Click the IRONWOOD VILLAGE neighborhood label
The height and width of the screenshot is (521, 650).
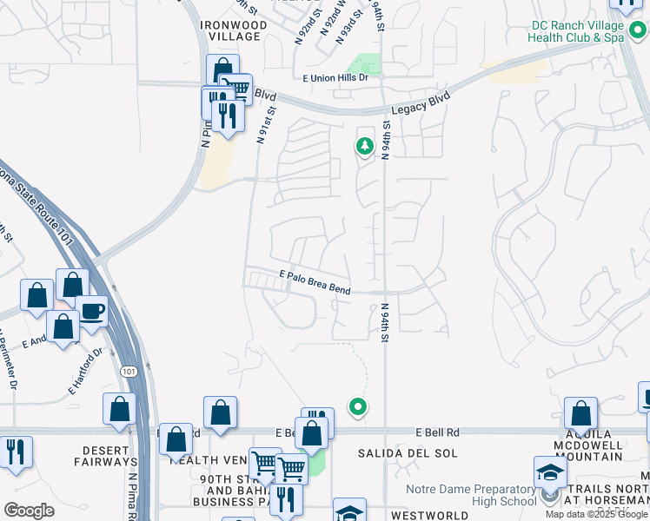tap(230, 30)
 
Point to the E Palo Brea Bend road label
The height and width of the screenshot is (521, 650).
tap(315, 283)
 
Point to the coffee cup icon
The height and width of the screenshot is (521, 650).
tap(91, 311)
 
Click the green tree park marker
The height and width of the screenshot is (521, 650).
tap(364, 147)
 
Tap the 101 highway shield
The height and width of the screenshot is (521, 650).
tap(128, 372)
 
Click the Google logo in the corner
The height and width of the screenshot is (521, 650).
tap(29, 510)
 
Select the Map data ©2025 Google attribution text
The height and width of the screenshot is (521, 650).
tap(596, 514)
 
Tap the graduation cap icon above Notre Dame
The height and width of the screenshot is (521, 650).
tap(549, 473)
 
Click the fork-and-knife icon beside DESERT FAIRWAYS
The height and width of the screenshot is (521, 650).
tap(16, 452)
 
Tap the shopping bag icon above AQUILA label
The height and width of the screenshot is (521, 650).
tap(580, 413)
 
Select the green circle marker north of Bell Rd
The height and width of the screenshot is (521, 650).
tap(357, 406)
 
